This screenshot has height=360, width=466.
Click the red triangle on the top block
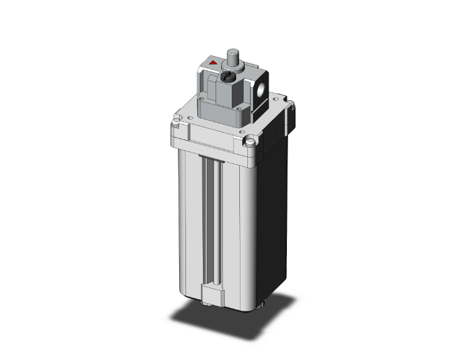pyautogui.click(x=214, y=63)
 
